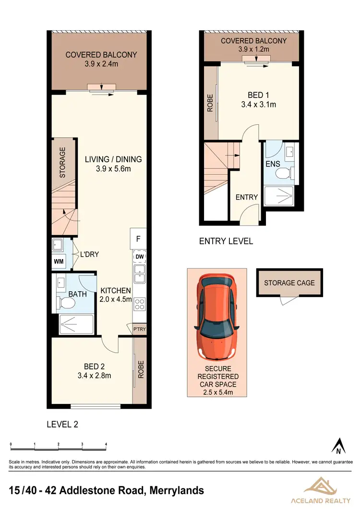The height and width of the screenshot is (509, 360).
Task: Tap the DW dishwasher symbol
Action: (x=140, y=257)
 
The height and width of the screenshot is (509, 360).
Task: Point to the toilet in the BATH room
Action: (x=66, y=303)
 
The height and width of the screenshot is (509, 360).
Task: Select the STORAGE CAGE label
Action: (x=289, y=283)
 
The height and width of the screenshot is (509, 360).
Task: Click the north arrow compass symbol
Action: (x=339, y=446)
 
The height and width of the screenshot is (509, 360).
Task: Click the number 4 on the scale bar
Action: (x=106, y=444)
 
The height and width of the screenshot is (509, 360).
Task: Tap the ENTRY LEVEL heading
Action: (x=226, y=241)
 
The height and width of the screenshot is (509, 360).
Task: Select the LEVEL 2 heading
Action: (x=62, y=424)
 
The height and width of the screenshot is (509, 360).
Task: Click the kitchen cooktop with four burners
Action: (x=140, y=303)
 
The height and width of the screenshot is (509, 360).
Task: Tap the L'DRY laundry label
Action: (x=90, y=254)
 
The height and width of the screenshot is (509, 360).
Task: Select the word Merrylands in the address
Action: (x=177, y=490)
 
